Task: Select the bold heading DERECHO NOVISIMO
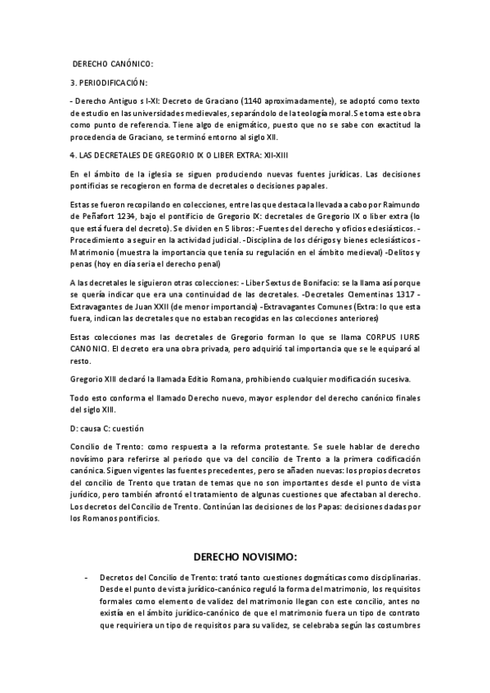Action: (x=245, y=557)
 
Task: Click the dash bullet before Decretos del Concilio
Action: (x=87, y=577)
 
